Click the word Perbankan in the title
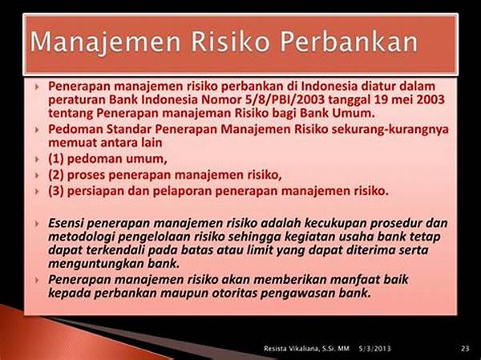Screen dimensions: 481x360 pos(349,42)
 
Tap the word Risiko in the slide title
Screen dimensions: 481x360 pos(231,42)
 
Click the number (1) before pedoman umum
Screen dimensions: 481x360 pos(56,159)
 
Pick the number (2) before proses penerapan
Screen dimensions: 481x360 pos(56,175)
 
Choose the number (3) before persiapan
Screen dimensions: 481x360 pos(56,191)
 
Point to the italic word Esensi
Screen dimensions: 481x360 pos(66,223)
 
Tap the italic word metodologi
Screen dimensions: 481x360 pos(81,237)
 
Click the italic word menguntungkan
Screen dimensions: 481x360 pos(96,264)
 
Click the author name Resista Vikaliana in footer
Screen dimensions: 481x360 pos(293,348)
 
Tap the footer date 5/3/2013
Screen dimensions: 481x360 pos(374,348)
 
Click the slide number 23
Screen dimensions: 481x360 pos(465,348)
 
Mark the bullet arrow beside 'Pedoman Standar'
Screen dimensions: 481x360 pos(37,130)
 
